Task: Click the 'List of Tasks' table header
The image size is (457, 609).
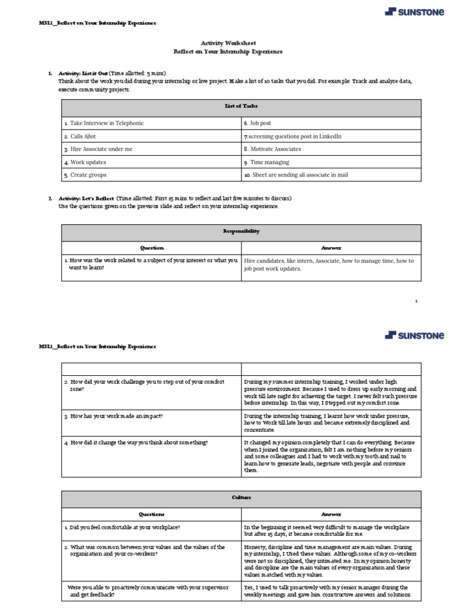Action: tap(241, 106)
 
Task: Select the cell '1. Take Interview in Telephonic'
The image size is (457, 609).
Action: tap(107, 123)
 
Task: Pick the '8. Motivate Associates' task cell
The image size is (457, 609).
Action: tap(273, 149)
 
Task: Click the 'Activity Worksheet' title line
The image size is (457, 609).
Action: tap(228, 43)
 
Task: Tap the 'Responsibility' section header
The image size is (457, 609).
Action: tap(241, 231)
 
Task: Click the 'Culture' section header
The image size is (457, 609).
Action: tap(241, 497)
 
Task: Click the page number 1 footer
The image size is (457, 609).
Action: tap(416, 302)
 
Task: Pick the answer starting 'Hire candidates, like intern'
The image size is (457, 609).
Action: tap(329, 265)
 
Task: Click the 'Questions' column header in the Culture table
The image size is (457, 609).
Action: tap(152, 514)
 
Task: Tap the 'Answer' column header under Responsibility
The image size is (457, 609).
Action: tap(331, 248)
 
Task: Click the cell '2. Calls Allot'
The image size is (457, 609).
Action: tap(85, 136)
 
